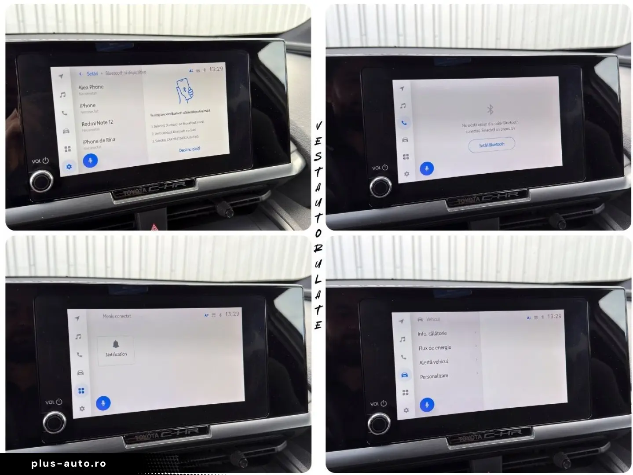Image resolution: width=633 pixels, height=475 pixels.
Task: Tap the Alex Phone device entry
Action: point(91,88)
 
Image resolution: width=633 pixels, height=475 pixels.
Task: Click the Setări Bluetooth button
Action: point(491,145)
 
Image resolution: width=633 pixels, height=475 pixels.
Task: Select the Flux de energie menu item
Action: point(435,348)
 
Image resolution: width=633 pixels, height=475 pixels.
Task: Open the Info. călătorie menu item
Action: point(432,334)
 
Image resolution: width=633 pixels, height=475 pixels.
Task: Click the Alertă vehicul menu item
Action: point(434,362)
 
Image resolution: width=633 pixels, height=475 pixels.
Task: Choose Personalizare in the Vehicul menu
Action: point(434,376)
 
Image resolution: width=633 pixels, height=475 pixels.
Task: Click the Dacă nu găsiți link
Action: point(190,150)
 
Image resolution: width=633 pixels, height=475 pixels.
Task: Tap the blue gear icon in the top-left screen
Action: point(69,167)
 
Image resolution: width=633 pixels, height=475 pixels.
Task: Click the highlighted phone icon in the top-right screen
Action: point(404,123)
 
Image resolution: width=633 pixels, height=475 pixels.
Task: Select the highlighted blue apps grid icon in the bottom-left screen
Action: point(81,391)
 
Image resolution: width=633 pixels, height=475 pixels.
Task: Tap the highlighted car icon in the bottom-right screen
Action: point(404,375)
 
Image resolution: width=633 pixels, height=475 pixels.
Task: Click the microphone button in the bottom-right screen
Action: point(426,405)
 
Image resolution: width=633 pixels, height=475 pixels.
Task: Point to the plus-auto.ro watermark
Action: point(69,464)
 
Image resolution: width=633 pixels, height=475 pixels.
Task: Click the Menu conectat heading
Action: point(117,316)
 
